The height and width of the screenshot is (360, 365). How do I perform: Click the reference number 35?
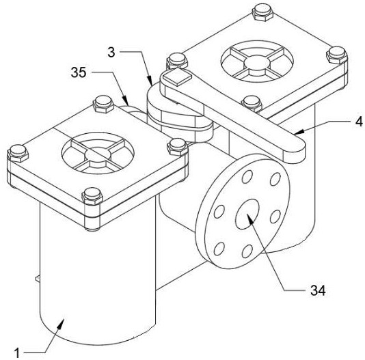click(79, 72)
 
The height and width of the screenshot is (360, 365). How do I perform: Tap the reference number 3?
click(111, 53)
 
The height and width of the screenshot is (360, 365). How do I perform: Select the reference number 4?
click(359, 122)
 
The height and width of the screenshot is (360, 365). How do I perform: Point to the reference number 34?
click(318, 290)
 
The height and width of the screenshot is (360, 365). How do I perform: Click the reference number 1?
click(17, 353)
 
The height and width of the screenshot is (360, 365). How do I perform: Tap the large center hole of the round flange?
click(247, 214)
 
